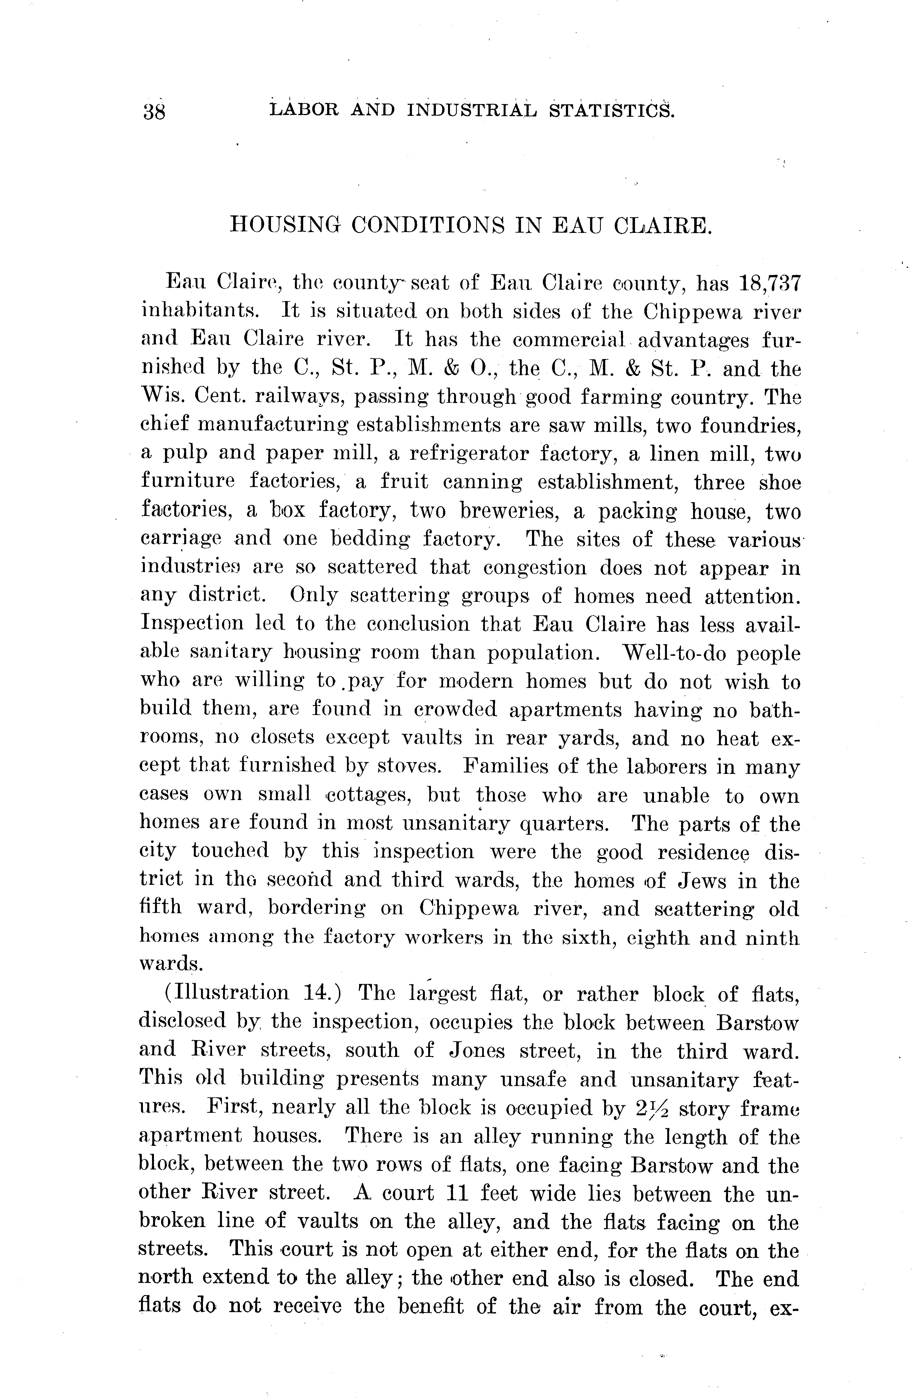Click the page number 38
pos(154,111)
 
